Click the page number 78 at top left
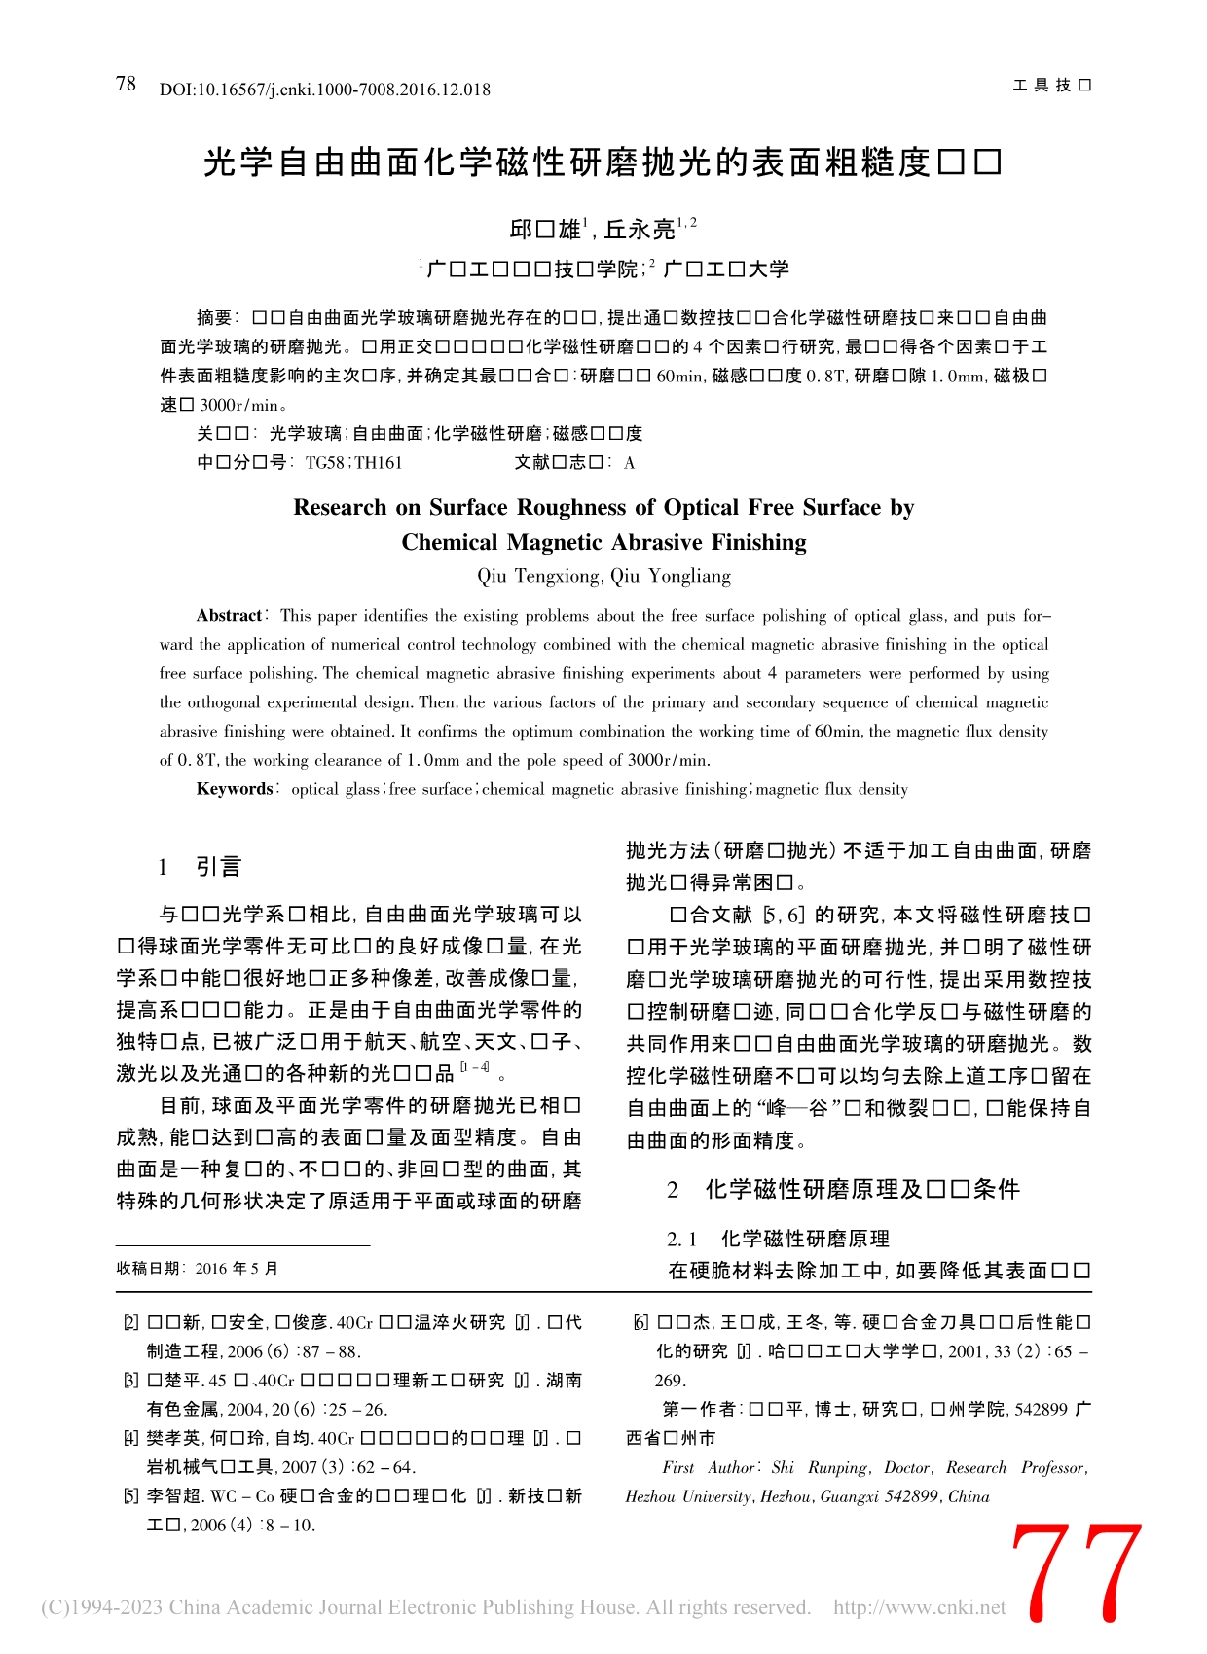[x=126, y=84]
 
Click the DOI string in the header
[x=325, y=90]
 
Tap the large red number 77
[x=1076, y=1574]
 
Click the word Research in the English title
[x=341, y=507]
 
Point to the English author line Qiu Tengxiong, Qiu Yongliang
[x=603, y=576]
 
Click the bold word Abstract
[x=230, y=615]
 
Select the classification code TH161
[x=379, y=463]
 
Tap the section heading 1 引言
[x=201, y=867]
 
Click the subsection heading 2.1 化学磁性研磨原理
[x=779, y=1239]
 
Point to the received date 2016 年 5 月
[x=238, y=1268]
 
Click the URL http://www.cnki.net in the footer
[x=920, y=1607]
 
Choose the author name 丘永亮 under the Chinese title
[x=640, y=230]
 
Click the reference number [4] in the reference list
[x=130, y=1438]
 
